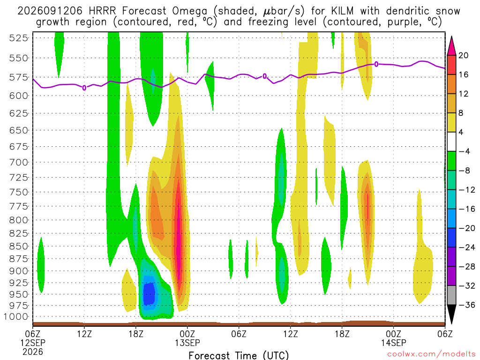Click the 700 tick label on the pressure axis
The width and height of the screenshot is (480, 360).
pos(19,162)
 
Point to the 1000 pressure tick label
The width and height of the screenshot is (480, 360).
pos(16,316)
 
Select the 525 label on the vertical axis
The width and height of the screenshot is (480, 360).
pos(19,38)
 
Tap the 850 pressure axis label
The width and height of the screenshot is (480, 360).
pos(19,246)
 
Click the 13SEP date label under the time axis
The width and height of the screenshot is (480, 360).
pos(187,343)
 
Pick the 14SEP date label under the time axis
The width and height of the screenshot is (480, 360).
pos(393,343)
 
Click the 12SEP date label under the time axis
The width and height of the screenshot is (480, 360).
pos(33,343)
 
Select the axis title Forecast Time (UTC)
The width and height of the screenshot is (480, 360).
pos(239,355)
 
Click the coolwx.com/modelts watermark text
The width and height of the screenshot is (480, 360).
pos(431,354)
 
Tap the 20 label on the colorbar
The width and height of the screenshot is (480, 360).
pos(464,55)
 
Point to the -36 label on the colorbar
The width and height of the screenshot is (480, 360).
pos(467,305)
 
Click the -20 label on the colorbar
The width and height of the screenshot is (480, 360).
pos(467,228)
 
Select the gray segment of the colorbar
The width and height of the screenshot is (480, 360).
pos(451,295)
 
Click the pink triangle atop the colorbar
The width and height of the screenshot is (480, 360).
pos(451,46)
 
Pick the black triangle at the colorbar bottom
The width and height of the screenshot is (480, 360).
pos(451,314)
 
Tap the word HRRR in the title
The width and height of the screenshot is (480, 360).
pos(102,11)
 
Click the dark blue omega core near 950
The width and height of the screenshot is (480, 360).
pos(150,294)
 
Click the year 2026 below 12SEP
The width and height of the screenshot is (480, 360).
pos(33,352)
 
